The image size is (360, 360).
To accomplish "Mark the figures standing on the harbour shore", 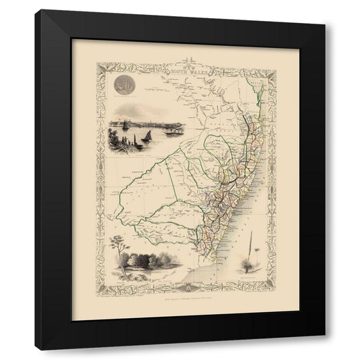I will (x=111, y=144).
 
